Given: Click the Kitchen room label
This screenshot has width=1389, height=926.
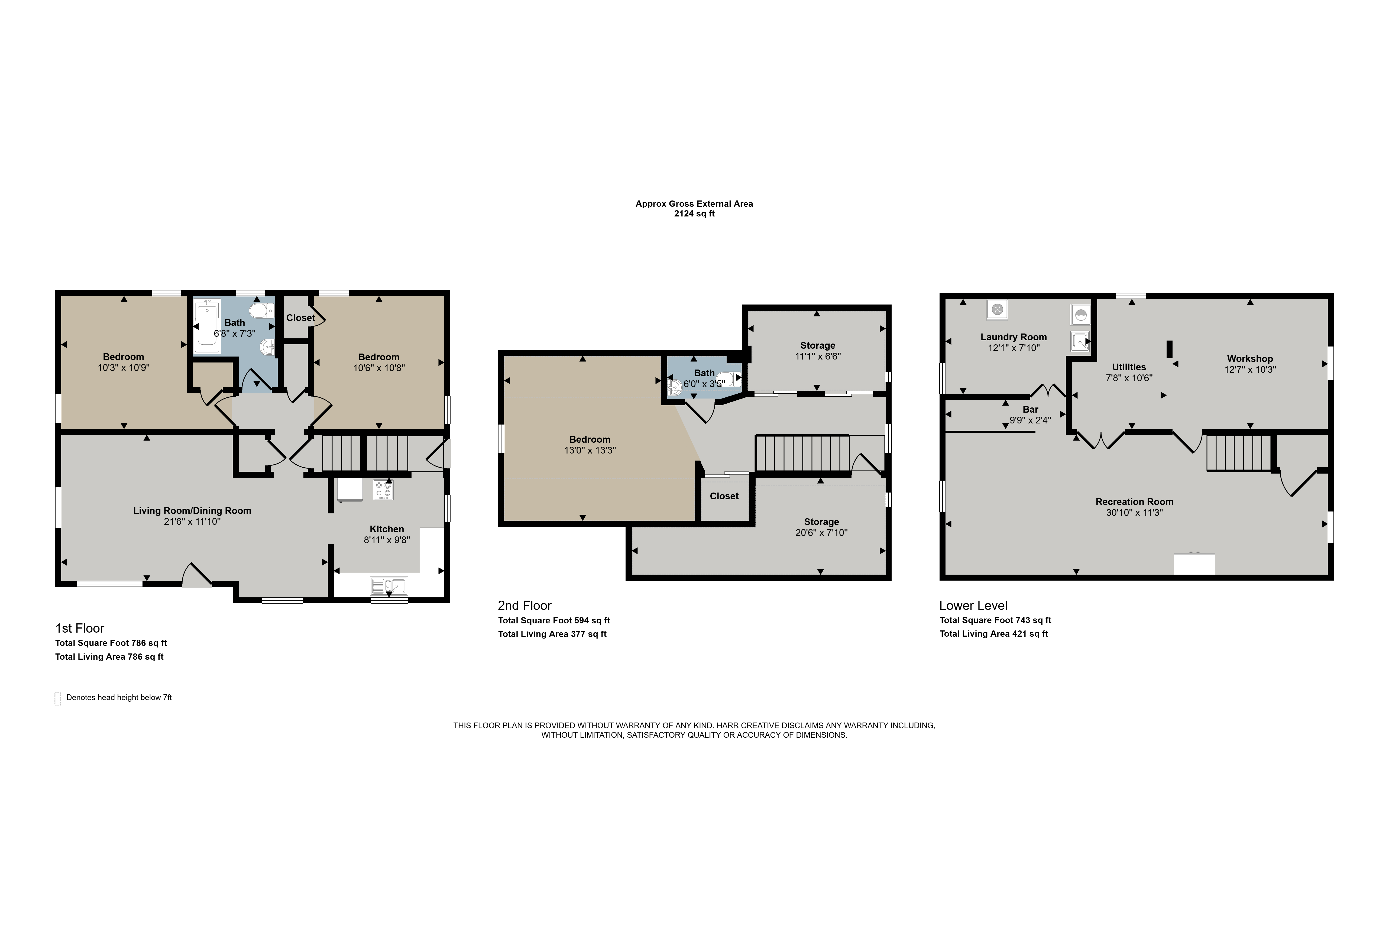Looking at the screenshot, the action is click(387, 529).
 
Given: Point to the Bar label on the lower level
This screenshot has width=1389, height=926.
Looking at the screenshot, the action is click(1031, 409).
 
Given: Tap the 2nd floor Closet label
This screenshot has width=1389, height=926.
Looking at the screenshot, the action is click(724, 496).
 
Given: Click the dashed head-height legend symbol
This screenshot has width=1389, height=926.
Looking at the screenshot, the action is click(58, 699).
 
